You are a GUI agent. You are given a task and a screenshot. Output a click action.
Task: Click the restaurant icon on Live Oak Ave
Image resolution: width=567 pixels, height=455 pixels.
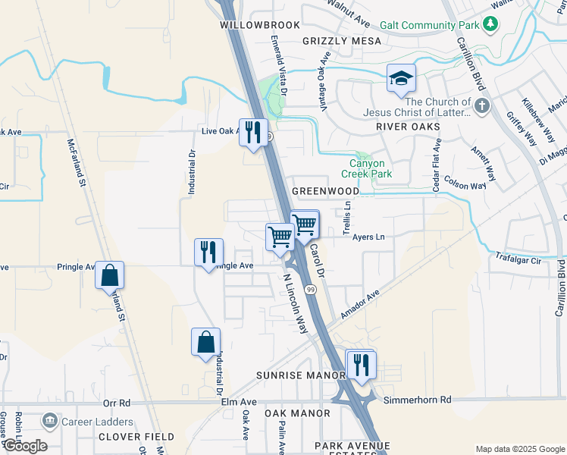(x=254, y=132)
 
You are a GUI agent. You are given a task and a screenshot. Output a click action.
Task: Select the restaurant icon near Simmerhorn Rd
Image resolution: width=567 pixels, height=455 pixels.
(x=361, y=364)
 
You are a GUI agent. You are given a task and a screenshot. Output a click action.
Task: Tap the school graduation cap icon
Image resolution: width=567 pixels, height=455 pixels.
(x=401, y=77)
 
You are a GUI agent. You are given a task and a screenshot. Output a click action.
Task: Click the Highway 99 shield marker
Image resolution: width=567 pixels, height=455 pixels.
(x=311, y=290)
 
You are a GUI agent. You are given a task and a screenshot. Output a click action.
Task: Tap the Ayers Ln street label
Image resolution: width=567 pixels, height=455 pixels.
(x=369, y=237)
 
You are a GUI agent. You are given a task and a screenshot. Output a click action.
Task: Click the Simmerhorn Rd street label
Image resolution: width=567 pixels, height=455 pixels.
(x=417, y=400)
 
